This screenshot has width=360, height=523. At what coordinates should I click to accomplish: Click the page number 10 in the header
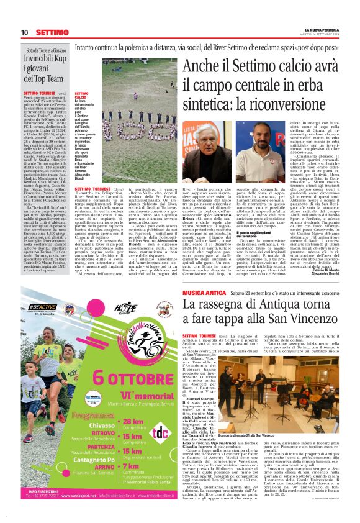[x=25, y=32]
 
